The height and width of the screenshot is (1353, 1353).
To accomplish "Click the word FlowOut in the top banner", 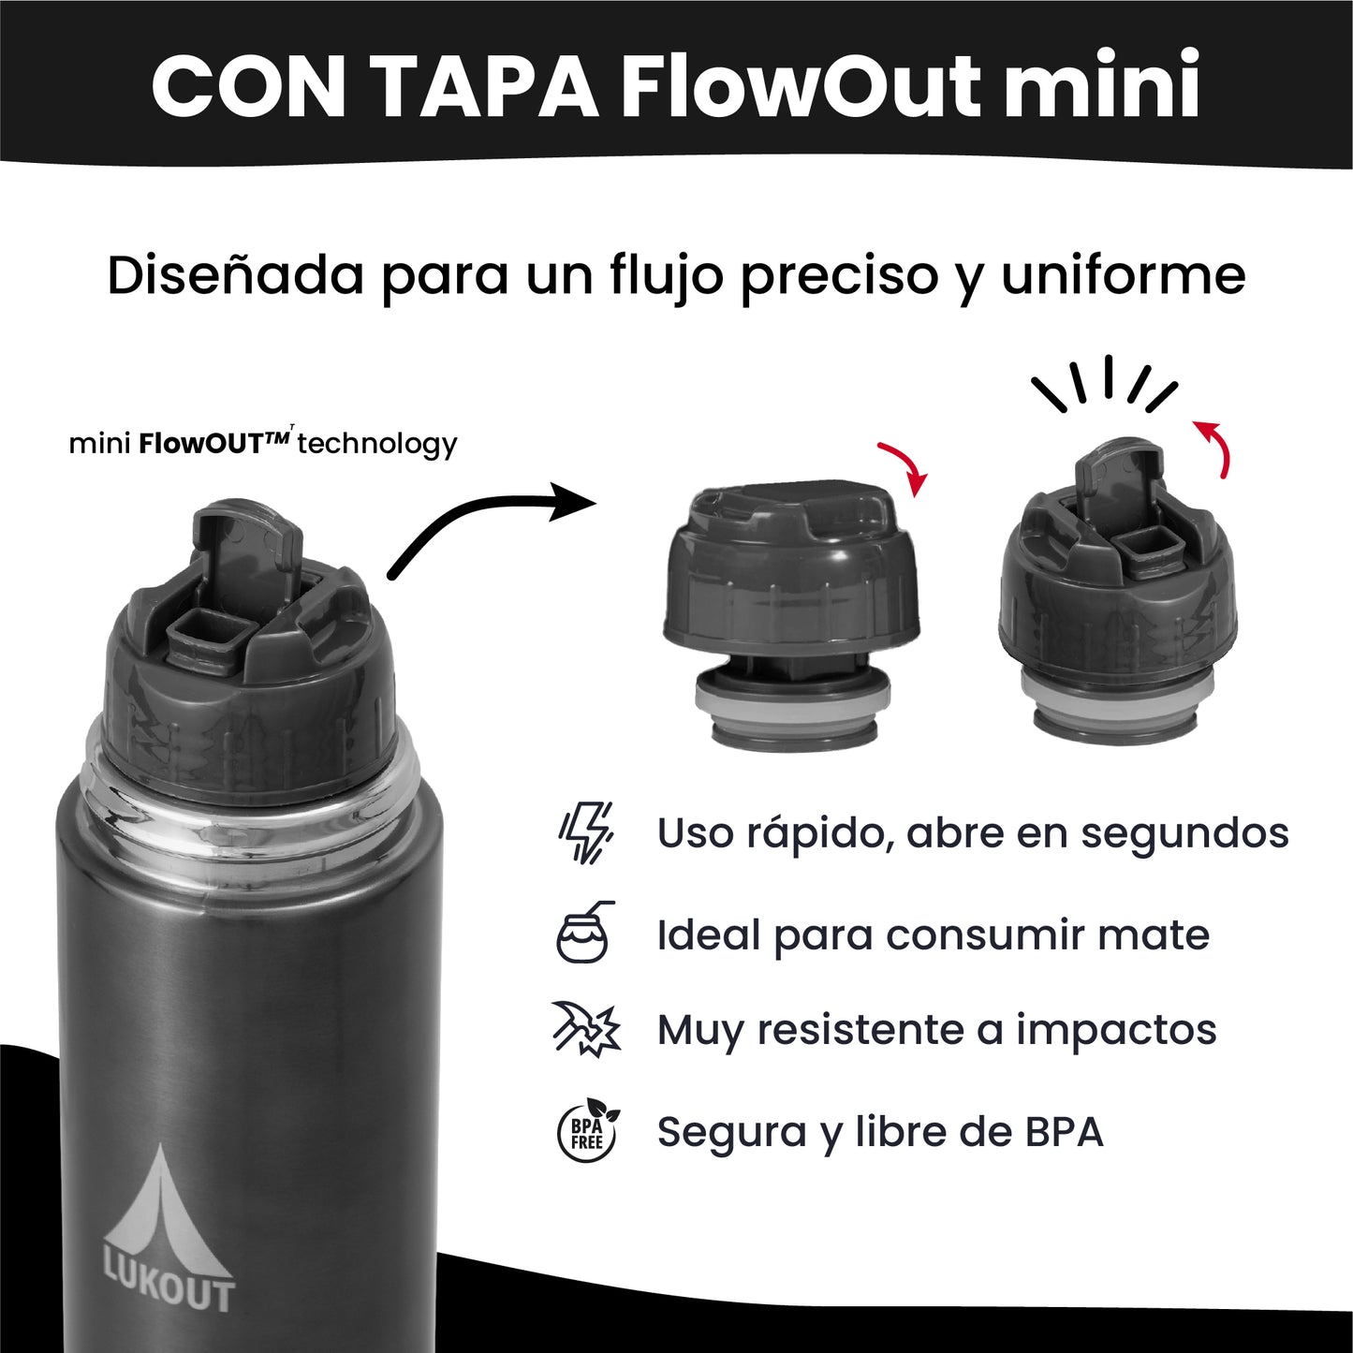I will (801, 86).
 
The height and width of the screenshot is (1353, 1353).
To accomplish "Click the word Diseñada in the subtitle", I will (235, 275).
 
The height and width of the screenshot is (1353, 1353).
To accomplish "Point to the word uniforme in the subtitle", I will (1123, 275).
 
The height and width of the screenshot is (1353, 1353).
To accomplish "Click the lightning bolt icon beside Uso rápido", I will (586, 832).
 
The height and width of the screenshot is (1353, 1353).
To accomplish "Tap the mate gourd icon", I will (584, 933).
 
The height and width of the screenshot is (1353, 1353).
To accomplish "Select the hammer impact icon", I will (586, 1029).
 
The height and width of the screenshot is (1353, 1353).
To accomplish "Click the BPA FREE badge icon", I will (587, 1130).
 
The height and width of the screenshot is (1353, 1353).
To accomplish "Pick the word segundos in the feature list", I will (1184, 833).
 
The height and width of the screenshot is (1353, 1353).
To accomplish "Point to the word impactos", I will (1116, 1030).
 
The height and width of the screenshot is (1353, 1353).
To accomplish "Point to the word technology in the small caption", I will (377, 444).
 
